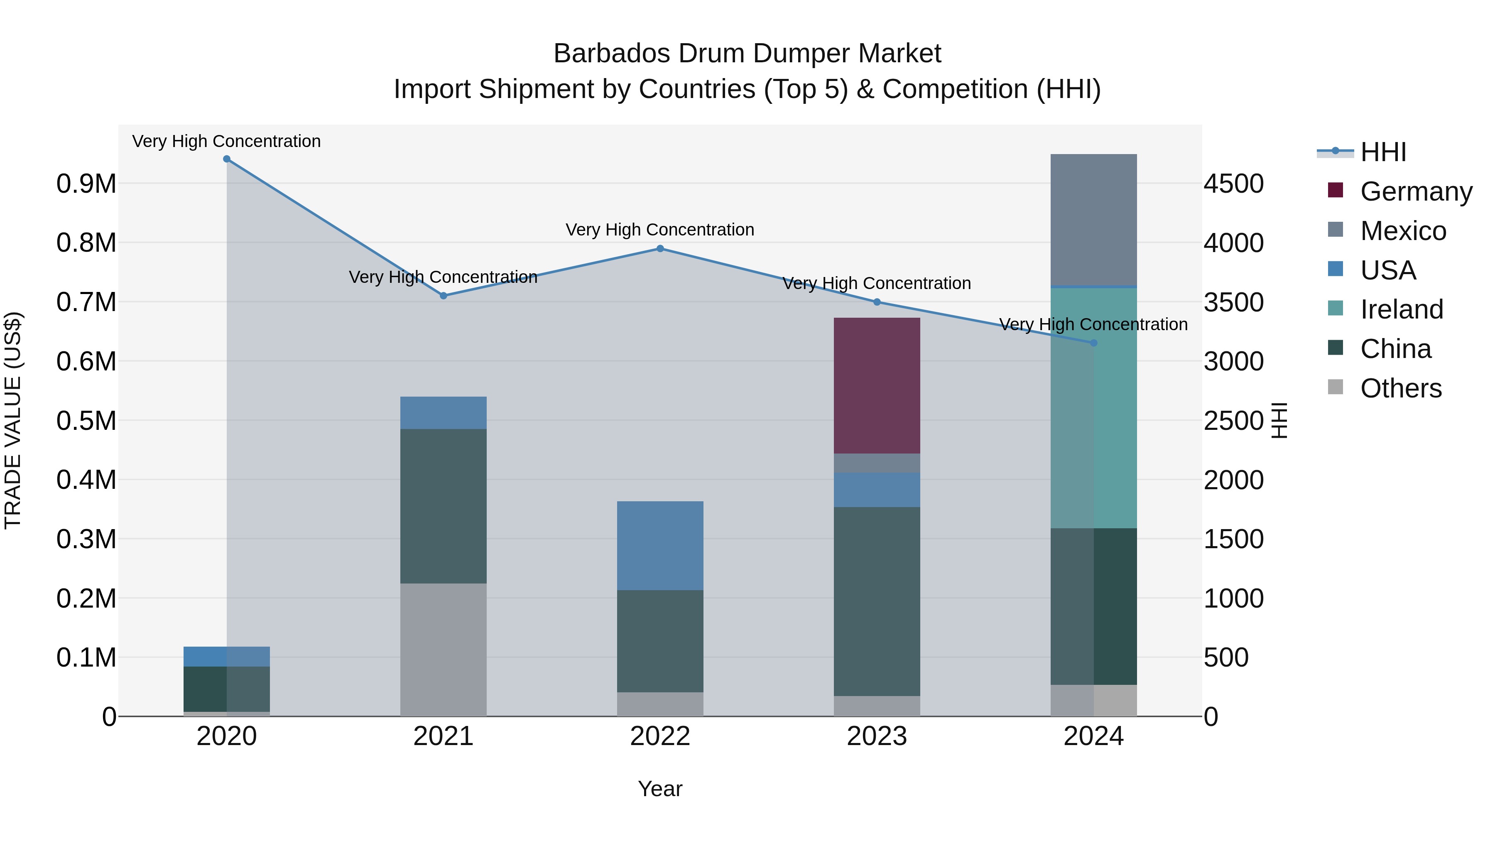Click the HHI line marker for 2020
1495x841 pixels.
click(x=227, y=159)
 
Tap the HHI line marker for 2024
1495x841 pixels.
click(x=1093, y=343)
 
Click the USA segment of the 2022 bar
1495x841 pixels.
click(x=660, y=546)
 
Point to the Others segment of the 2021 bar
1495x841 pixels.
click(x=444, y=650)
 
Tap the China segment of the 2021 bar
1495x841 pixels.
click(x=444, y=506)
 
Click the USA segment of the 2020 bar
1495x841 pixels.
click(x=227, y=657)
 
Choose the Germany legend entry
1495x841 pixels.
click(x=1416, y=191)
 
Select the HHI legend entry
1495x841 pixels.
click(x=1382, y=152)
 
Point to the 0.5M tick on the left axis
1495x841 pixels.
click(x=86, y=421)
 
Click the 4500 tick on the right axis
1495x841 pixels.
click(x=1233, y=184)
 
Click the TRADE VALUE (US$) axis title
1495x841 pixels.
click(x=13, y=421)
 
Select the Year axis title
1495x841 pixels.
click(x=660, y=789)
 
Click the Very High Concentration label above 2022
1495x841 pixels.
click(x=660, y=230)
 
